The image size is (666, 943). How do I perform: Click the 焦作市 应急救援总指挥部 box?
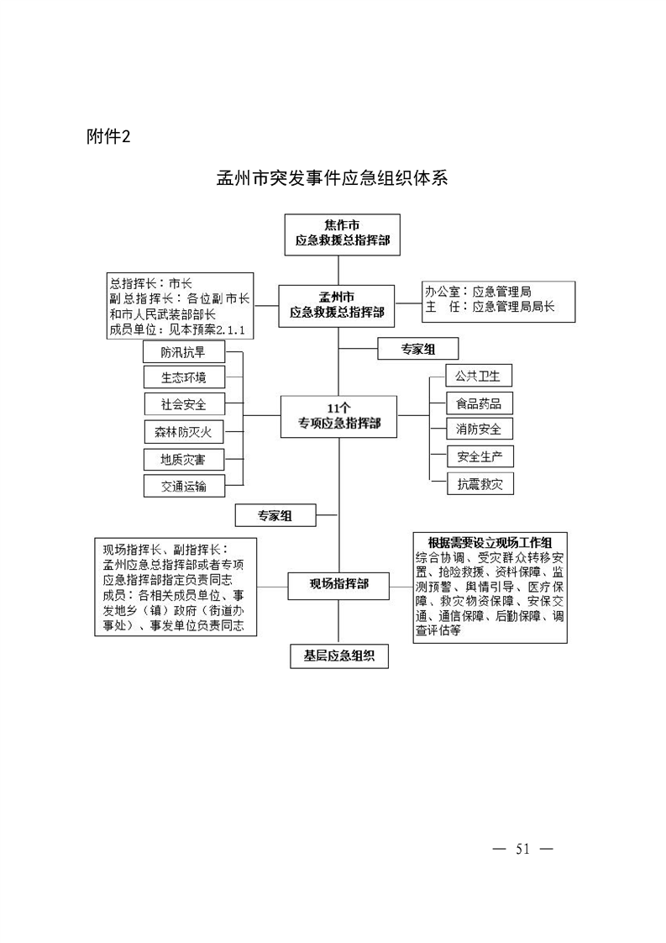(342, 234)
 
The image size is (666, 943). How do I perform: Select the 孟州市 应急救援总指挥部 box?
(337, 306)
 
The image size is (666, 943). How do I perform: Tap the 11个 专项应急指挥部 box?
(339, 416)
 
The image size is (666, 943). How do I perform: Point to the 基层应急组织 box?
(339, 656)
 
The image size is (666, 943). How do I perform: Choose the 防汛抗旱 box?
(183, 352)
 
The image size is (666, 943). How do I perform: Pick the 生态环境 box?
(184, 377)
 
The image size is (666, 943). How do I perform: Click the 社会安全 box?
(185, 404)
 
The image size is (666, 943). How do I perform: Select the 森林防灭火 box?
(185, 432)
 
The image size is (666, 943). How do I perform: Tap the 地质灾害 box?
(184, 460)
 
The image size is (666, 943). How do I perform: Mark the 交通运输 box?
(184, 486)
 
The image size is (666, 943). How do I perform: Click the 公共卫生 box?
(479, 376)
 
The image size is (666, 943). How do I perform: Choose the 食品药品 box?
(480, 403)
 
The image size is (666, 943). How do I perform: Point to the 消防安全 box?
(480, 429)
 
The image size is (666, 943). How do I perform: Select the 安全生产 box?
(480, 456)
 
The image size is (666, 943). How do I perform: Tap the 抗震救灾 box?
(480, 483)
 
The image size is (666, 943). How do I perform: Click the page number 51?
(522, 849)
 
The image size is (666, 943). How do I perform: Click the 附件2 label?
(108, 136)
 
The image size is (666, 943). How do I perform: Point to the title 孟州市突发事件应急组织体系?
(333, 178)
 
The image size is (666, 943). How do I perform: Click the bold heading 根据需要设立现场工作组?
(490, 542)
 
